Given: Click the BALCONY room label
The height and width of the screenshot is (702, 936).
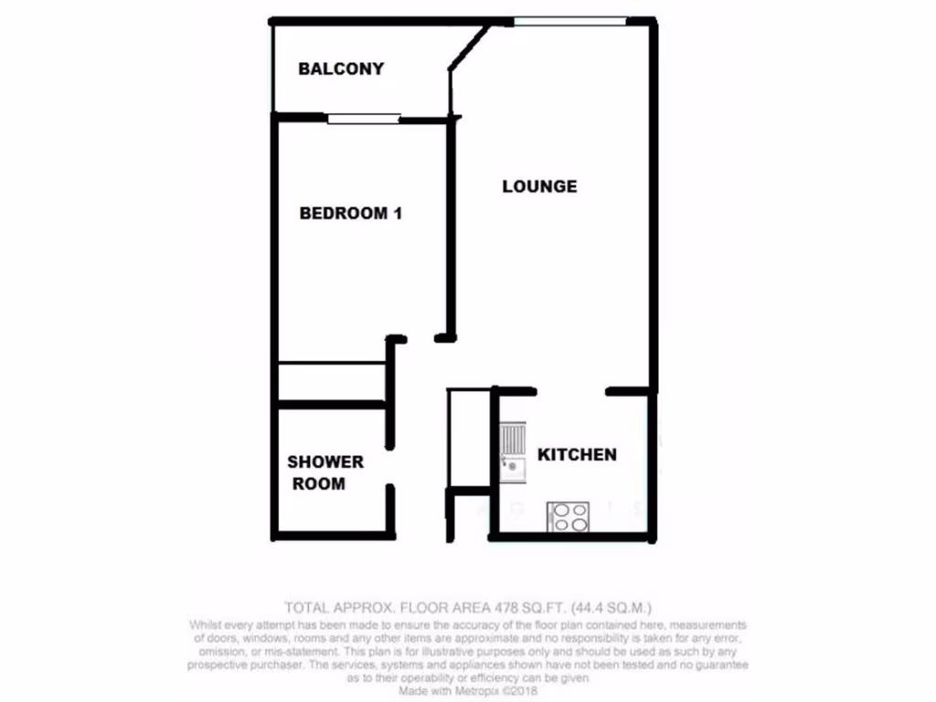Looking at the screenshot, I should coord(341,69).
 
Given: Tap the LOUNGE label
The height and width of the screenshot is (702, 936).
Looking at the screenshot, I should coord(539,186).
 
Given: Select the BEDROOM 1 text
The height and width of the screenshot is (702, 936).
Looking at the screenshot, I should coord(351,214).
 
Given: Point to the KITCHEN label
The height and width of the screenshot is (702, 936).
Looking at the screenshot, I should coord(576,454).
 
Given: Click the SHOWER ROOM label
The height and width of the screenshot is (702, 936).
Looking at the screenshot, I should coord(324,473).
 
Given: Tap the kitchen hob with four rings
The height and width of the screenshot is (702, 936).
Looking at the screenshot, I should coord(569,516).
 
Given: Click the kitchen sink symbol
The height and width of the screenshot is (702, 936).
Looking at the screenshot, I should coord(512,452).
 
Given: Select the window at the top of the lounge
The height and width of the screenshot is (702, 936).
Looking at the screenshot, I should coord(569,21).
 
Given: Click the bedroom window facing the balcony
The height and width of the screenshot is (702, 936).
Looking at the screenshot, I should coord(364,117).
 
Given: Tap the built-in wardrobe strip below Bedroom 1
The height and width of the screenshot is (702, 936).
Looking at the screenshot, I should coord(332,381).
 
